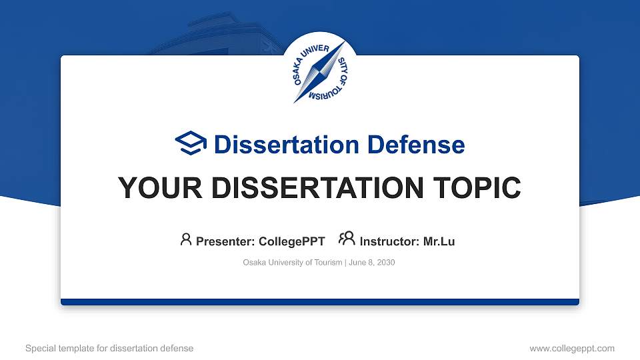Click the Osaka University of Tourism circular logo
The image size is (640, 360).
click(x=320, y=71)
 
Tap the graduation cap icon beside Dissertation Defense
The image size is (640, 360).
click(x=191, y=143)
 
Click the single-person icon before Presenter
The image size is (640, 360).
click(x=186, y=239)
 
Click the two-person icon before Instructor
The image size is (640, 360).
click(x=347, y=239)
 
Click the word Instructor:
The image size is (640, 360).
click(x=390, y=241)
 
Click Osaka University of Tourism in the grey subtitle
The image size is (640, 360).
click(x=293, y=263)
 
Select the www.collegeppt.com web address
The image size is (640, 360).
click(x=571, y=348)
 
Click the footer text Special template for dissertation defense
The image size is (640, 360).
click(x=109, y=348)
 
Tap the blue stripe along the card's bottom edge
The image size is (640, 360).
click(x=320, y=302)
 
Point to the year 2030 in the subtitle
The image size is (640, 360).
click(x=386, y=263)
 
